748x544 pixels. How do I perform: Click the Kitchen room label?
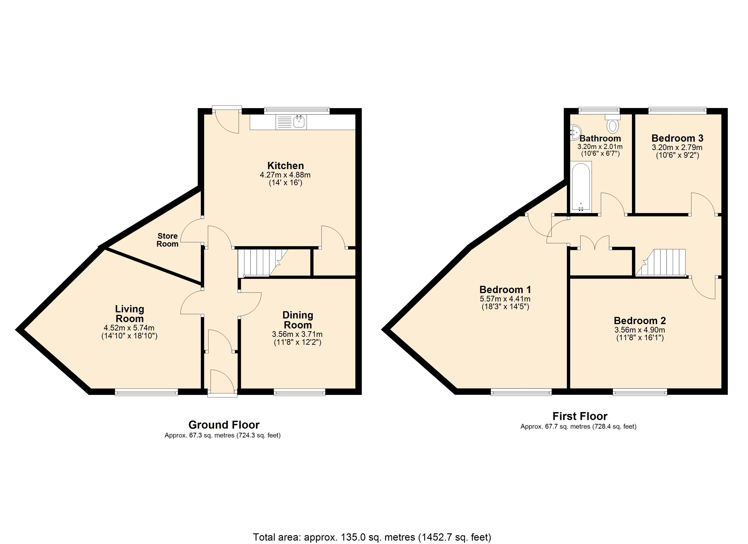(x=286, y=166)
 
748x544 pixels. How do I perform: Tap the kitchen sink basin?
(x=299, y=122)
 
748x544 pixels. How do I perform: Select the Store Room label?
(x=168, y=240)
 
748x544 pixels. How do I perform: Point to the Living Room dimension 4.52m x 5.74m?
(x=129, y=328)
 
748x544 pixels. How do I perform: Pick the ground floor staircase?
(x=263, y=263)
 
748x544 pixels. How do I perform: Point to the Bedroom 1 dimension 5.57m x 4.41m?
(x=505, y=299)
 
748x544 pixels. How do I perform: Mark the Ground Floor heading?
(x=224, y=425)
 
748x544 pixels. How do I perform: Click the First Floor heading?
(x=580, y=416)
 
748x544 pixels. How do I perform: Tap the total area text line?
(x=372, y=537)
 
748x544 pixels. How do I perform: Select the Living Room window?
(x=146, y=392)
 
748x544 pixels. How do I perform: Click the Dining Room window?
(x=299, y=392)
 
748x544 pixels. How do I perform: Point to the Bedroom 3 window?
(x=678, y=111)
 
